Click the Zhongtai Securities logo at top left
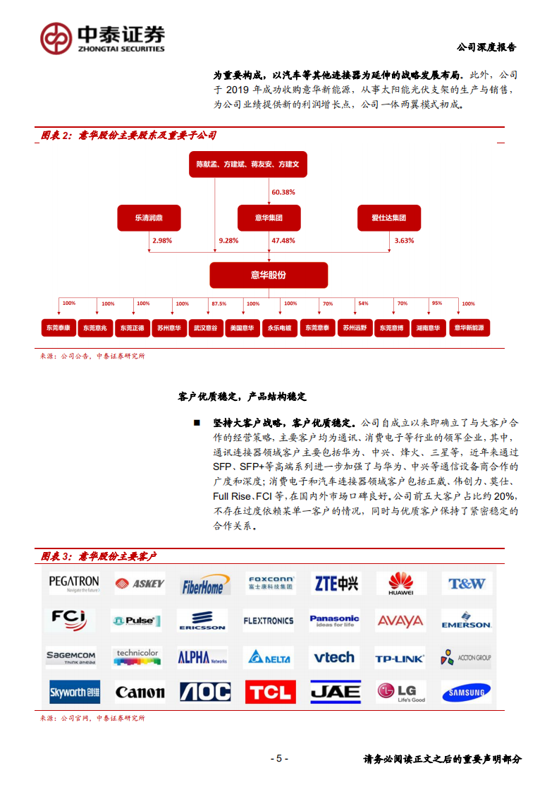coord(103,38)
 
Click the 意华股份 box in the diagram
coord(269,275)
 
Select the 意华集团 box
coord(269,218)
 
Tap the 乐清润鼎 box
coord(149,218)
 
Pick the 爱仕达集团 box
coord(388,218)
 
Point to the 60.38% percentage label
coord(283,192)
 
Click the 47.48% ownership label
coord(283,241)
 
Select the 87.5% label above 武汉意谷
coord(219,304)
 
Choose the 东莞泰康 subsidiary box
coord(57,328)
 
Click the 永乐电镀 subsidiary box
coord(280,328)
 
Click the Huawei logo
coord(401,584)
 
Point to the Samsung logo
coord(467,692)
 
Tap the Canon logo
coord(140,692)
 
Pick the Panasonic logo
coord(334,620)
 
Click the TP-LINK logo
coord(400,659)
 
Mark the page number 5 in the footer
coord(279,759)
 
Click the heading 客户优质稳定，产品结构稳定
coord(242,397)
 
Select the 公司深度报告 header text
coord(486,47)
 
